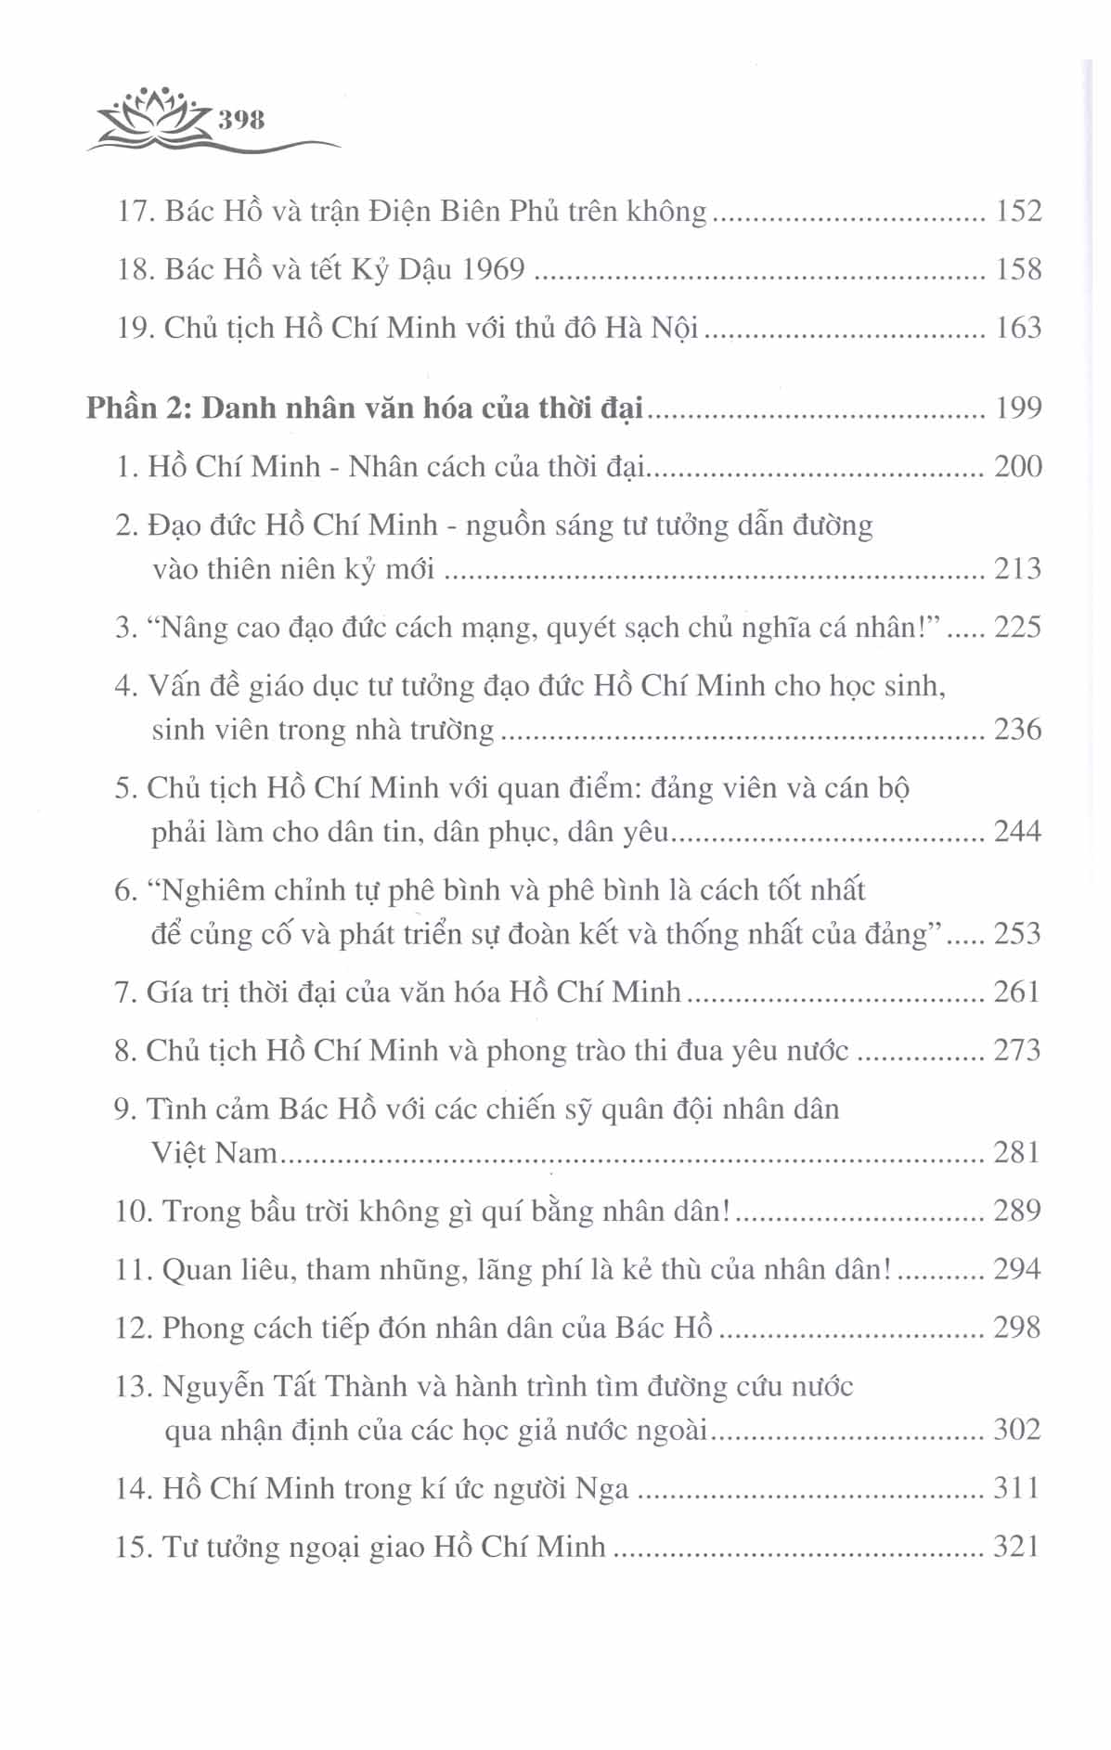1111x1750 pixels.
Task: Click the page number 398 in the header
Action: tap(241, 120)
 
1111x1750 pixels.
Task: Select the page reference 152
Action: tap(1018, 212)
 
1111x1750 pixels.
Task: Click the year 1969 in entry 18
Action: tap(492, 269)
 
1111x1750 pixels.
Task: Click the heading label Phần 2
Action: tap(138, 408)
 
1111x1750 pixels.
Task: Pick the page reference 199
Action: tap(1018, 408)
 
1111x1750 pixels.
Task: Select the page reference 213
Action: tap(1018, 568)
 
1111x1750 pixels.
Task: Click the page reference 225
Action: tap(1018, 628)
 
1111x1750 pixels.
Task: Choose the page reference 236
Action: tap(1018, 730)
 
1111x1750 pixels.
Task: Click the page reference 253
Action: tap(1018, 934)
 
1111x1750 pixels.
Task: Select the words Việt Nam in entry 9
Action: tap(214, 1153)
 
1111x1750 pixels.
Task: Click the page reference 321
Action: tap(1017, 1548)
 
